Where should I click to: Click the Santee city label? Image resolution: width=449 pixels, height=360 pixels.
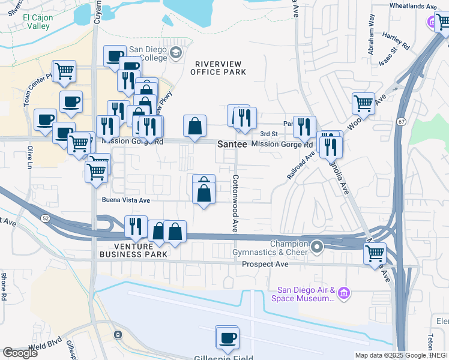pos(231,145)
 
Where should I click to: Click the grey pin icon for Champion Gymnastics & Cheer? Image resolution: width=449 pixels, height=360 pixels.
pos(318,246)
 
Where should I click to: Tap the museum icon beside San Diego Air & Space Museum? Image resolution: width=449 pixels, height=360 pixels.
pos(343,293)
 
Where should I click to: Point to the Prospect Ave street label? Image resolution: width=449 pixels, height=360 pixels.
pos(265,264)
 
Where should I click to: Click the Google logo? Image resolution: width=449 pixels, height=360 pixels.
pos(20,353)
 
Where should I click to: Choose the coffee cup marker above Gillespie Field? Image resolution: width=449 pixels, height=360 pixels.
pos(227,338)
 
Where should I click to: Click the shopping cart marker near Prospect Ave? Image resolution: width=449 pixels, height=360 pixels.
pos(375,253)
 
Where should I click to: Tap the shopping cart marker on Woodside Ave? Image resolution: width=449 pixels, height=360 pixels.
pos(363,103)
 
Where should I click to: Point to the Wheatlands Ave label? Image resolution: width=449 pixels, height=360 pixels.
pos(413,6)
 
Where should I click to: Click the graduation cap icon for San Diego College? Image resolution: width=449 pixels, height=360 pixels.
pos(176,53)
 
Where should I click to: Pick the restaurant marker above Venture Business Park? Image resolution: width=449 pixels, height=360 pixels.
pos(135,226)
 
